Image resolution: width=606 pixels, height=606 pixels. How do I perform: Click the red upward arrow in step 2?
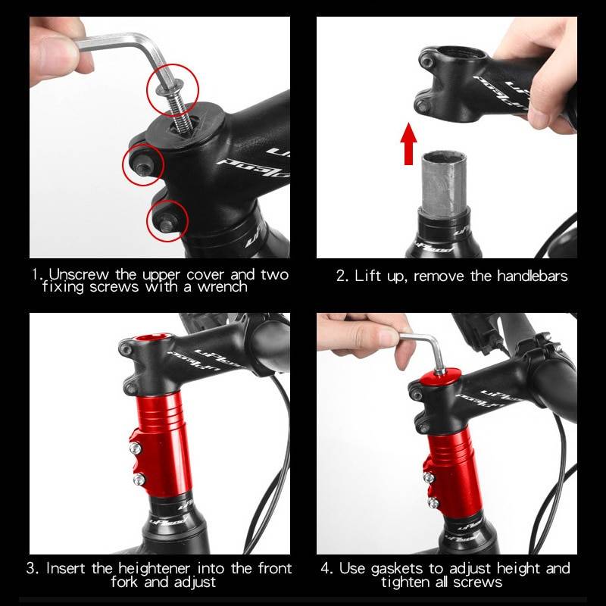[408, 145]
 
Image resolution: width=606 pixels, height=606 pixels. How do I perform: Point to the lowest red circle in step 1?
[167, 220]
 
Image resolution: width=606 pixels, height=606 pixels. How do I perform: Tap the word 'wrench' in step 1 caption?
[221, 288]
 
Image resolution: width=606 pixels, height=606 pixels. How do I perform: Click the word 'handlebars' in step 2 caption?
[529, 275]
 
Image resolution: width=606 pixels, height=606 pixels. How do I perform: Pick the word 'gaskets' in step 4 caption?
[399, 568]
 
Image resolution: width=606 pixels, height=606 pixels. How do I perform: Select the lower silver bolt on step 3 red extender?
[139, 479]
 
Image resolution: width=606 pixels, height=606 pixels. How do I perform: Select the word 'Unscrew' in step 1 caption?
[75, 274]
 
